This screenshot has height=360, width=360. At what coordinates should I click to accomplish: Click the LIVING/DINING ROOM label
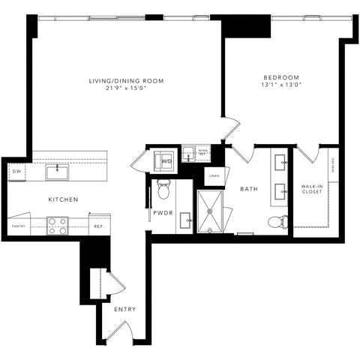127,80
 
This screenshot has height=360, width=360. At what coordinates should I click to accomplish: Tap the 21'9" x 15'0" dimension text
127,88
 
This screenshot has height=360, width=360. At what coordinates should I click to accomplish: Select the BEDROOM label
281,77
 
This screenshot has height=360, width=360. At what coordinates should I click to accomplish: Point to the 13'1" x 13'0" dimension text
281,85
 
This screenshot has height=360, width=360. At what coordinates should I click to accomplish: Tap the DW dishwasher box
16,172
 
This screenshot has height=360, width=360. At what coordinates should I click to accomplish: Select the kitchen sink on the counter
56,172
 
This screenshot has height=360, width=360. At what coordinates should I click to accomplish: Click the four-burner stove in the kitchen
58,225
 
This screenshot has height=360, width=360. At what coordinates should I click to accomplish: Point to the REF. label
98,226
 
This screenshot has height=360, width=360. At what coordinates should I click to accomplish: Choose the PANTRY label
19,226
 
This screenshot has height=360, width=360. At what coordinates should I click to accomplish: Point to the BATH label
249,189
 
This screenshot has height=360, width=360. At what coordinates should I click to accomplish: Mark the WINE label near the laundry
202,152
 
